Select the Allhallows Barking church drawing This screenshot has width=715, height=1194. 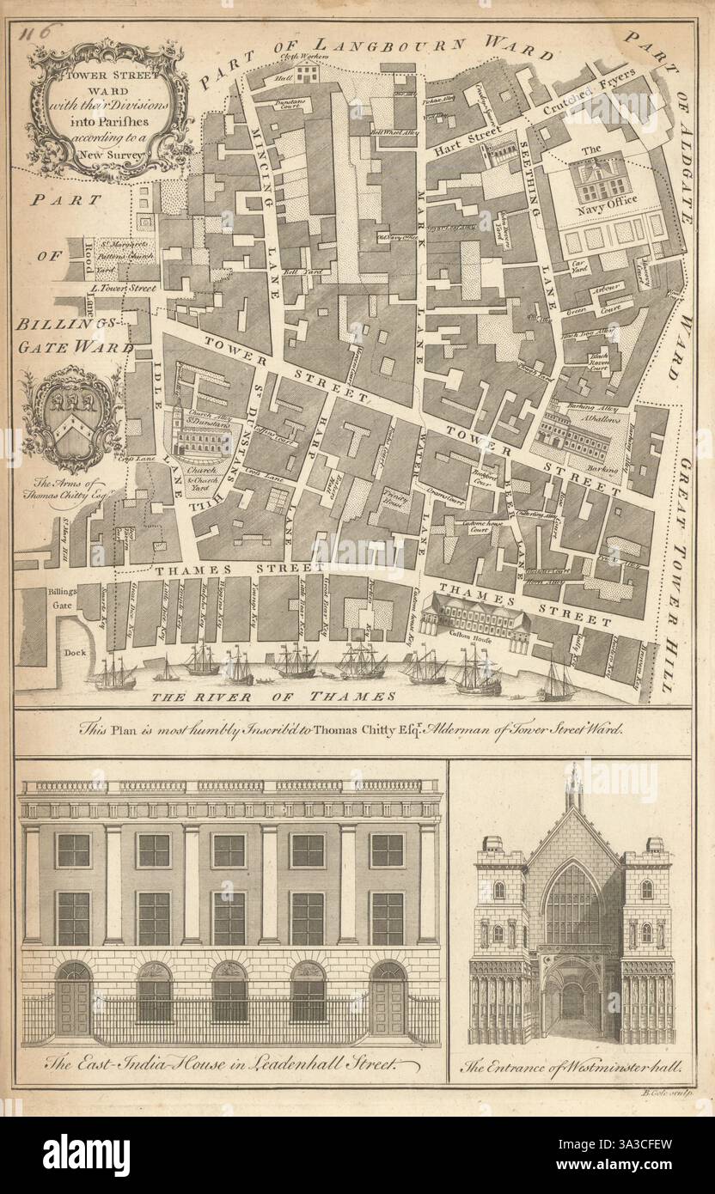[574, 437]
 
